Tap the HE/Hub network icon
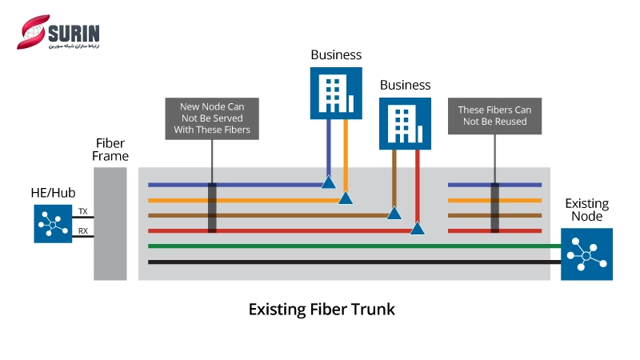52,223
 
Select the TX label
82,211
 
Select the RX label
82,231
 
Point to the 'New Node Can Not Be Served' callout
211,118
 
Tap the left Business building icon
336,92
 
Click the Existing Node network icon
586,254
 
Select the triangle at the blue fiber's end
328,182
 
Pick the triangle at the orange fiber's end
346,198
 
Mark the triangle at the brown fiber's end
394,213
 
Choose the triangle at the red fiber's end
417,229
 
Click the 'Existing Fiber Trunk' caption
322,309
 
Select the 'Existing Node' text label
586,210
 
